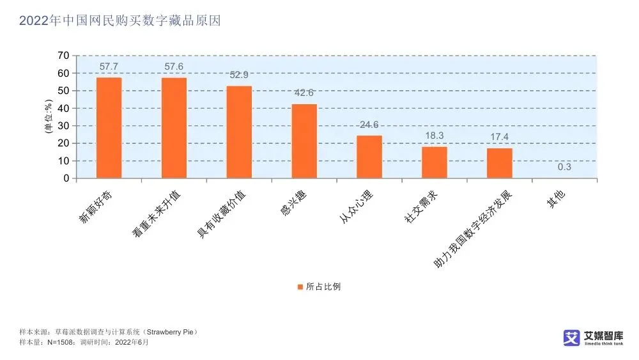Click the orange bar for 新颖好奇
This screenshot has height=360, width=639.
(109, 128)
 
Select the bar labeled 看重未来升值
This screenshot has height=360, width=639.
(174, 128)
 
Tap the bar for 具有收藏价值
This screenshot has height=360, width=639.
(239, 132)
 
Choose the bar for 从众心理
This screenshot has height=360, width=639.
(369, 157)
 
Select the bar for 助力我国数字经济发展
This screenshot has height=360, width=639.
(500, 163)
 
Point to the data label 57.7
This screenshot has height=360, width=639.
(109, 67)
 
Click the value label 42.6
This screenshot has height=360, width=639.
(304, 93)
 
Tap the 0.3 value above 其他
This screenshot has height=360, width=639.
(565, 168)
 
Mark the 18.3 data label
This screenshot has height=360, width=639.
(435, 136)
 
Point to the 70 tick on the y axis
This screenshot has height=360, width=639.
(63, 56)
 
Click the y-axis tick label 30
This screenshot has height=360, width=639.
(63, 126)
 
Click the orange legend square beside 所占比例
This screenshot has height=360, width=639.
(300, 286)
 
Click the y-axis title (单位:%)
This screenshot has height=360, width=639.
(47, 117)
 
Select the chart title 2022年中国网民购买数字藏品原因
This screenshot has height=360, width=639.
(119, 20)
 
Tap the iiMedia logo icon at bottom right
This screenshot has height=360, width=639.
(571, 338)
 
